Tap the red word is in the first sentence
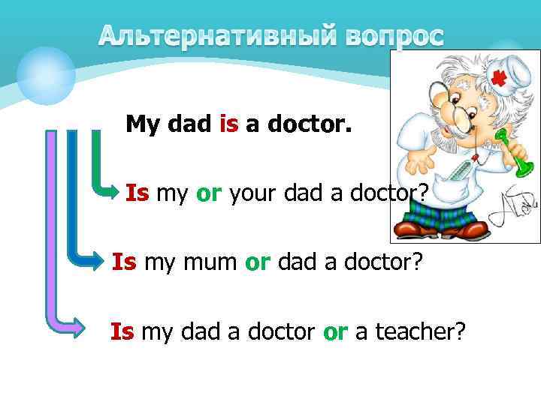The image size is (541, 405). pos(228,124)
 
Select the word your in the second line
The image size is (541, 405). pos(253,193)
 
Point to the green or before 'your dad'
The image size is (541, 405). pos(207,194)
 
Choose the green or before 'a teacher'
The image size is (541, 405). pos(335,331)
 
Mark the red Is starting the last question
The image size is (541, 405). pos(122,331)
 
